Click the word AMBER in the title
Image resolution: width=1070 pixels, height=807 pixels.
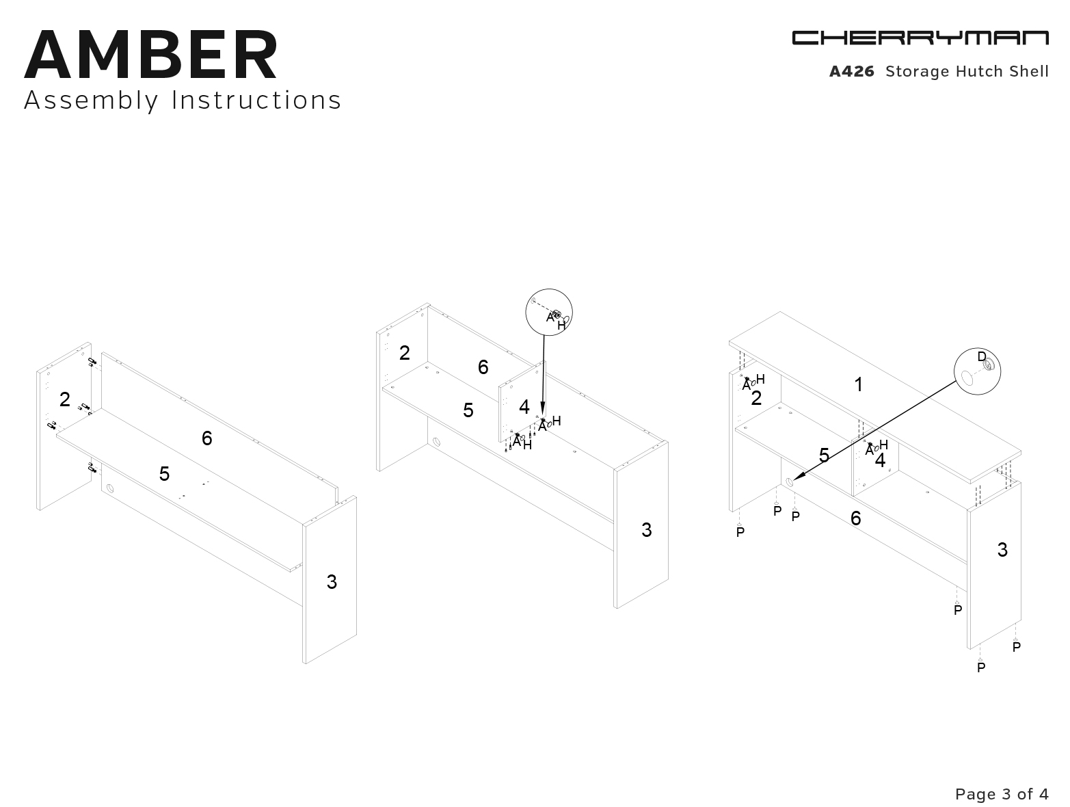[151, 55]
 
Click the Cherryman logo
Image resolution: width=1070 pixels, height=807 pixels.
[920, 38]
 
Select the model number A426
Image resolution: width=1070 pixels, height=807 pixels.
[852, 72]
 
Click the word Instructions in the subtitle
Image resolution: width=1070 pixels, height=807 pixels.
[256, 100]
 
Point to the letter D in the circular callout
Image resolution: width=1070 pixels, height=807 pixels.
[982, 357]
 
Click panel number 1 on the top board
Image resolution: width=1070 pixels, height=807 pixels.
[859, 385]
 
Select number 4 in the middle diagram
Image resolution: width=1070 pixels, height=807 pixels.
[524, 407]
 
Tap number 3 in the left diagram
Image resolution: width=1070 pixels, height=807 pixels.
[332, 582]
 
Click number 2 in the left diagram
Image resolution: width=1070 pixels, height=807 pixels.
[65, 399]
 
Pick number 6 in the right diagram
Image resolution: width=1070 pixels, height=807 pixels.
[855, 518]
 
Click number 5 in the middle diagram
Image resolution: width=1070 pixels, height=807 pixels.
[468, 410]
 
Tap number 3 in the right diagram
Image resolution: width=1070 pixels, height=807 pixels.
[1002, 550]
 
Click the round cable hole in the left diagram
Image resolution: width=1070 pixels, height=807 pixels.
[109, 488]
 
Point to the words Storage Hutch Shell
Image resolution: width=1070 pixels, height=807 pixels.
[967, 72]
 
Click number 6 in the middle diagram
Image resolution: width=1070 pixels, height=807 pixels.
[483, 367]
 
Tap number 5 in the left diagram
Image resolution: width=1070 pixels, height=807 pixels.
[164, 473]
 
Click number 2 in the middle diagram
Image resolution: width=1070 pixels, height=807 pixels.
[405, 353]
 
